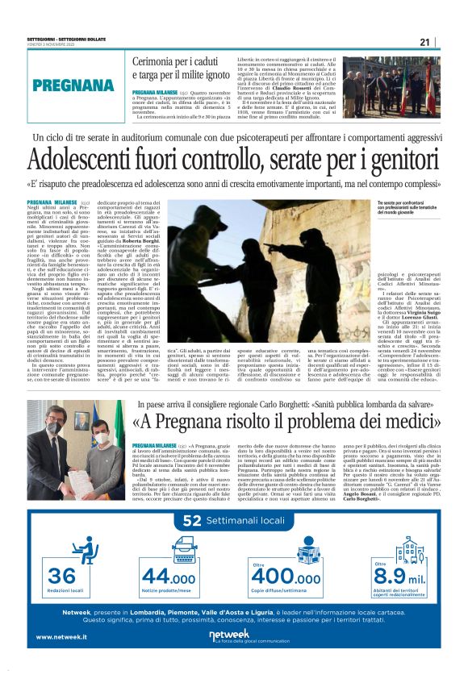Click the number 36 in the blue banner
click(x=62, y=576)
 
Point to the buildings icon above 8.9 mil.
click(x=410, y=550)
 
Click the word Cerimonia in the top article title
click(x=160, y=61)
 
